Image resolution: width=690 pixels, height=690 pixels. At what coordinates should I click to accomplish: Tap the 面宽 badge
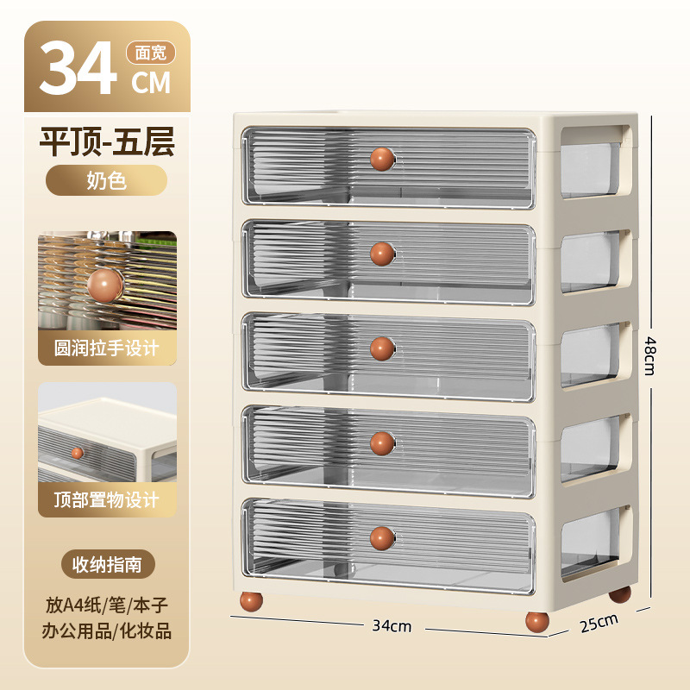click(x=151, y=53)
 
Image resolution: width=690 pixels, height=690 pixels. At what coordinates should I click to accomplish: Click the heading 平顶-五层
click(x=107, y=142)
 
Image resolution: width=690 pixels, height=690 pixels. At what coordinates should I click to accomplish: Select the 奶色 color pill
click(x=107, y=181)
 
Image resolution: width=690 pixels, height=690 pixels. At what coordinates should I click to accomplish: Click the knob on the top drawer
click(x=382, y=160)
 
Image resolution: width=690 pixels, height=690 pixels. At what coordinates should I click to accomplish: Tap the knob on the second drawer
click(x=382, y=254)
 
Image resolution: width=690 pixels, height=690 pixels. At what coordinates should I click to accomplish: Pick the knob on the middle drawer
click(x=382, y=348)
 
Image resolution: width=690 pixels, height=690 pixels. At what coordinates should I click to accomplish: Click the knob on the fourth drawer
click(x=382, y=443)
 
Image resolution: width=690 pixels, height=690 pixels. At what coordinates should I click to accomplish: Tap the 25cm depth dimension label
click(x=599, y=622)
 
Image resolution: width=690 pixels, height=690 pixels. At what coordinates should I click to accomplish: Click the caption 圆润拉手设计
click(x=107, y=348)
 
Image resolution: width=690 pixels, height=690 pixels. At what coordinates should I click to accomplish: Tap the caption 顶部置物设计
click(x=107, y=499)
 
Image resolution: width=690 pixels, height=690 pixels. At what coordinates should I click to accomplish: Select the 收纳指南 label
click(x=107, y=564)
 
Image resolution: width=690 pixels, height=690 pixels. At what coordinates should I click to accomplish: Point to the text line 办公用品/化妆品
click(x=107, y=630)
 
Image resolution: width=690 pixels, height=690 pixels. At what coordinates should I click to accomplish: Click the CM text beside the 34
click(x=151, y=83)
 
